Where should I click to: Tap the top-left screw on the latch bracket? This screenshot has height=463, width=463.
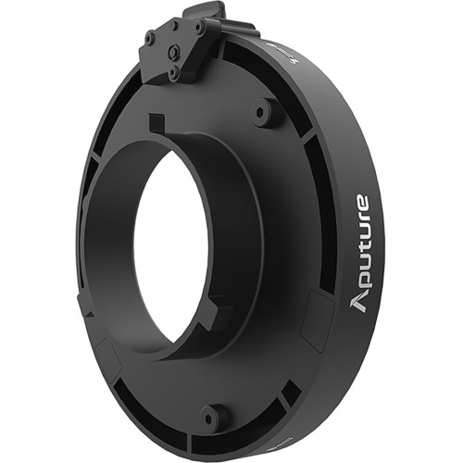click(150, 39)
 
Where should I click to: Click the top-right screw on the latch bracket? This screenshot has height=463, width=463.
click(198, 28)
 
